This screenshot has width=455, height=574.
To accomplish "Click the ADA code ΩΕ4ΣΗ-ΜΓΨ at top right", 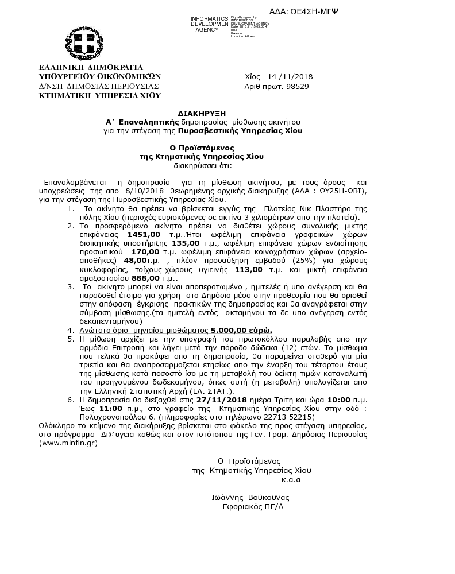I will click(311, 11).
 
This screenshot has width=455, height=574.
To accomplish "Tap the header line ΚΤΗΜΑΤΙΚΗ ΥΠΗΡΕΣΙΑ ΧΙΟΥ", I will click(99, 96).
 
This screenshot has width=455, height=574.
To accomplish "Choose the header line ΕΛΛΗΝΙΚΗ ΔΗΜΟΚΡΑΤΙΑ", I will click(91, 67).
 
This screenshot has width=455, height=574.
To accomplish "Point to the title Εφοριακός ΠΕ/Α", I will click(253, 507).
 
